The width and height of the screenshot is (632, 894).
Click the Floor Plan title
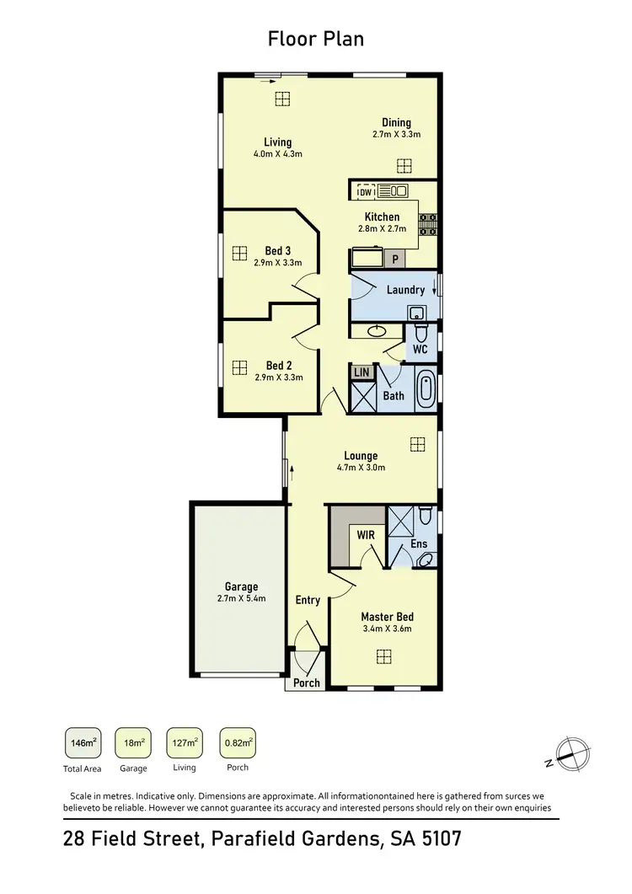click(316, 39)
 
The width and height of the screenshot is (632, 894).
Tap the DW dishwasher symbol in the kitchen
click(365, 191)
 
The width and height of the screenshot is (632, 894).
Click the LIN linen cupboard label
click(362, 372)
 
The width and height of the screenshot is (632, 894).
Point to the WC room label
click(420, 349)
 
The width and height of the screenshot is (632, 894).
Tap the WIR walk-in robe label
click(366, 535)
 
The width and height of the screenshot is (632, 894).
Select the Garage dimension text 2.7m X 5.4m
click(241, 599)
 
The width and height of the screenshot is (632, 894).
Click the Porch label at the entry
click(307, 683)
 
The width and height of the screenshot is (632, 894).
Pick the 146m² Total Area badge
click(82, 743)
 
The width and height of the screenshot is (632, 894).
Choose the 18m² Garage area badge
click(132, 743)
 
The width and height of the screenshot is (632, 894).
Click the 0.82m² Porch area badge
click(237, 743)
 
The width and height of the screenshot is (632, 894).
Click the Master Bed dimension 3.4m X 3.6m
click(387, 629)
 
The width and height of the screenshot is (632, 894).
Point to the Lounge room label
click(361, 456)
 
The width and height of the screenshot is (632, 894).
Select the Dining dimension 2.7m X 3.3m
click(396, 134)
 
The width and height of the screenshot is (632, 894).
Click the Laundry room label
click(405, 290)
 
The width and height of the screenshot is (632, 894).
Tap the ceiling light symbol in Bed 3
click(239, 251)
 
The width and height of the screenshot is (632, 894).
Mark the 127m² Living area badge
click(185, 743)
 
